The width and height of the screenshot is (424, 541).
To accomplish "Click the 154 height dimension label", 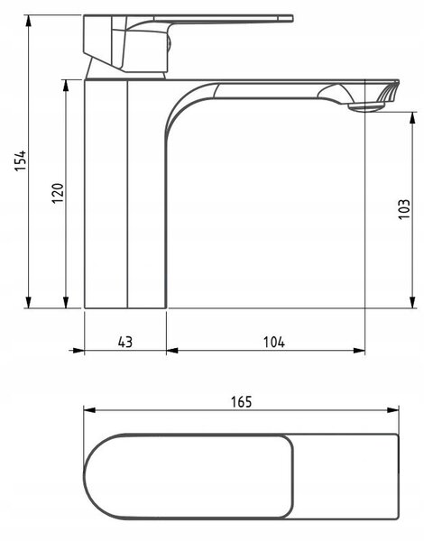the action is pos(21,160).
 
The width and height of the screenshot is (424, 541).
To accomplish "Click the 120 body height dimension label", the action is pos(58,193).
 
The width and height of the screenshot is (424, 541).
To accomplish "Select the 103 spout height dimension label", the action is pos(404,209).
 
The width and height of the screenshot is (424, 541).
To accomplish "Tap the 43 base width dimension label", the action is pos(125,342).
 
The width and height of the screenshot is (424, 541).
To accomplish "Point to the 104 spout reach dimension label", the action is pos(274,342).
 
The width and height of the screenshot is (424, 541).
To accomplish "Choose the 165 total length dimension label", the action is pos(242,402).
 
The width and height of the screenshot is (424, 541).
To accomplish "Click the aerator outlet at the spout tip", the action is pos(366,107).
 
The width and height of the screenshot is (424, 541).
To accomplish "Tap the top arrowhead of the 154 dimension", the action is pos(29,21).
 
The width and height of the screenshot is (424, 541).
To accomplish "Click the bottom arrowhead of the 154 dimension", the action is pos(29,302).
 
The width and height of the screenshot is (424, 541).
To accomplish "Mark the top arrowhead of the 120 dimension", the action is pos(66,86).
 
